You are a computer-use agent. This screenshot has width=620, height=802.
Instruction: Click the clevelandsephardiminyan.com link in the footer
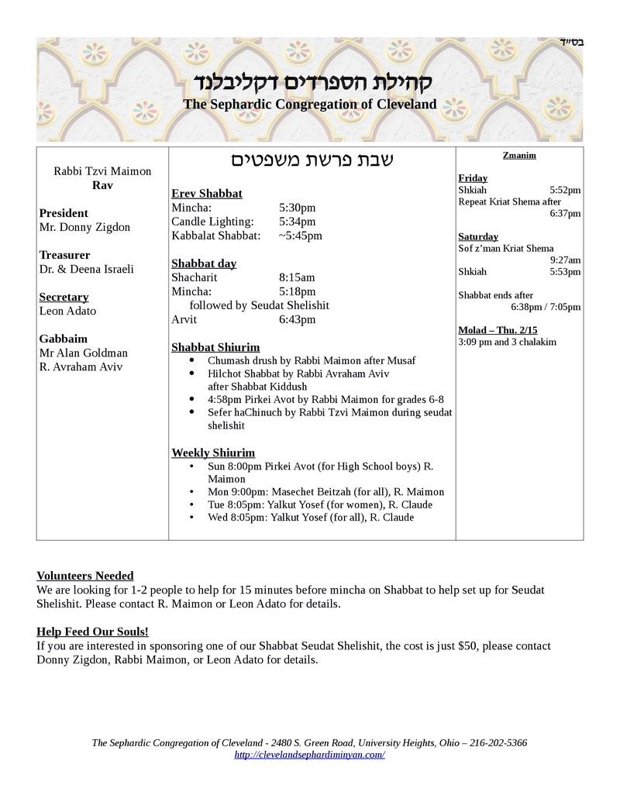click(309, 755)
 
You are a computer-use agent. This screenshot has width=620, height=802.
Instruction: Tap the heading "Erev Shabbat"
click(207, 193)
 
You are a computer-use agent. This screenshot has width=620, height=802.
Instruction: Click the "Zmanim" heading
click(519, 155)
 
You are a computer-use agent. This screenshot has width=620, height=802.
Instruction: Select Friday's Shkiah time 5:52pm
click(565, 190)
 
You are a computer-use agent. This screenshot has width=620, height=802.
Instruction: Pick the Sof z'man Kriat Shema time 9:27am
click(565, 260)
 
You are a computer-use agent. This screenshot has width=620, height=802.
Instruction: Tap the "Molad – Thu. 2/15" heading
click(498, 330)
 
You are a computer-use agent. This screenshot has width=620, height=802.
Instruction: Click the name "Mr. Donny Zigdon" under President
click(85, 227)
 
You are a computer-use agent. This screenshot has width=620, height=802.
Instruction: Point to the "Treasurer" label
click(64, 255)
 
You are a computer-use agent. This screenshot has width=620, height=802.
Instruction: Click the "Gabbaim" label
click(64, 339)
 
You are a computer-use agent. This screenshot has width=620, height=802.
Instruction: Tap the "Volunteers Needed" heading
click(85, 576)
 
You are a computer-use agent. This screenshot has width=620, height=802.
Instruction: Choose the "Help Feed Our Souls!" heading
click(92, 632)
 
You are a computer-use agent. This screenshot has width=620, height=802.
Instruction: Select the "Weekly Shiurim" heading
click(213, 453)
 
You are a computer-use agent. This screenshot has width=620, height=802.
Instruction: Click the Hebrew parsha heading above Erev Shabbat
click(312, 160)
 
